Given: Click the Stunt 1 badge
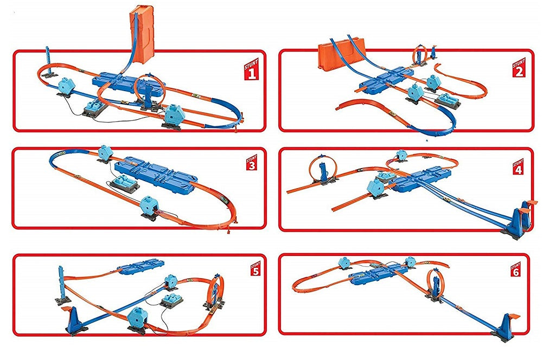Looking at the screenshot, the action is pyautogui.click(x=252, y=69).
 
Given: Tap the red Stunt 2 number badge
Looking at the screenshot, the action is pyautogui.click(x=519, y=67).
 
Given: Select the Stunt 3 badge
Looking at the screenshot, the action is pyautogui.click(x=252, y=162).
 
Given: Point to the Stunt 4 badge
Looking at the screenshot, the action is pyautogui.click(x=518, y=167).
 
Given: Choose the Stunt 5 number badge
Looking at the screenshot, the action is pyautogui.click(x=255, y=268).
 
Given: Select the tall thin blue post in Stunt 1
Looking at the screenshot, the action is pyautogui.click(x=48, y=60).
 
